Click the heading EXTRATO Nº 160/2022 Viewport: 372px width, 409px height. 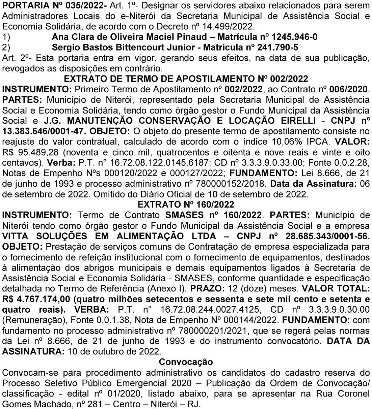pyautogui.click(x=186, y=204)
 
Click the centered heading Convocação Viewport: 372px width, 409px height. pyautogui.click(x=186, y=362)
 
